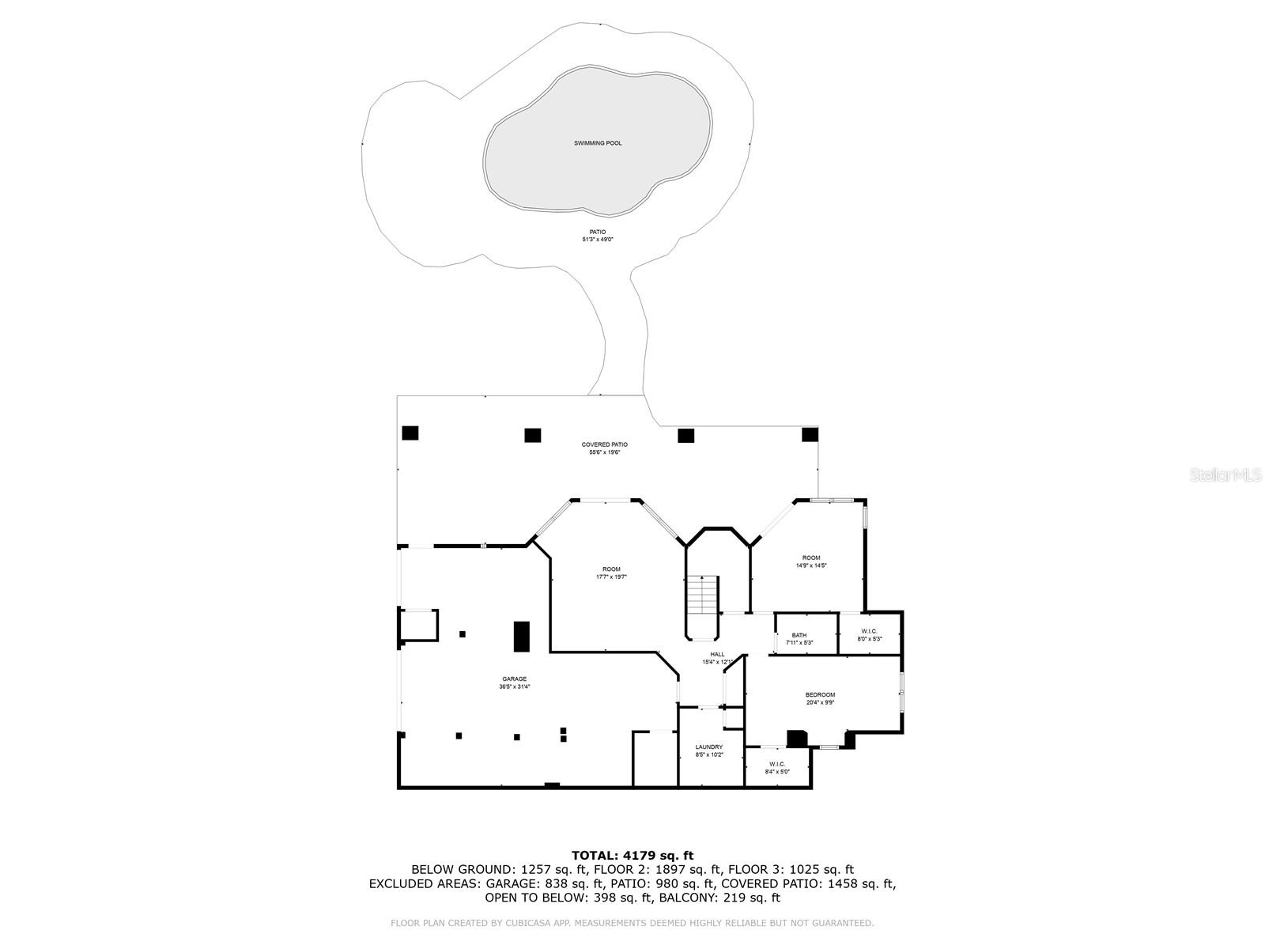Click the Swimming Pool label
point(598,143)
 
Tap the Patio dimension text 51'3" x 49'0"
point(598,239)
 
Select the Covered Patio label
point(605,444)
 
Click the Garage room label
point(514,679)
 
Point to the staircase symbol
point(701,595)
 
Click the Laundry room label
point(709,747)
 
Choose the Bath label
point(799,635)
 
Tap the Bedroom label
point(820,694)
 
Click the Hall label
point(717,654)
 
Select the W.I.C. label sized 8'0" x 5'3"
point(869,631)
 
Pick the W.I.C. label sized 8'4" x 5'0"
point(777,763)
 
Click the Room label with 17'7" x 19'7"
point(611,569)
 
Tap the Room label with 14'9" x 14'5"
point(811,558)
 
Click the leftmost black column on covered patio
point(410,433)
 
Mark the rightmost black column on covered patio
point(810,434)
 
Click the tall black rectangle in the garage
point(522,637)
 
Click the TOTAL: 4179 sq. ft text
point(632,855)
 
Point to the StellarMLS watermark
point(1227,475)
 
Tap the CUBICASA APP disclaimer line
point(632,923)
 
